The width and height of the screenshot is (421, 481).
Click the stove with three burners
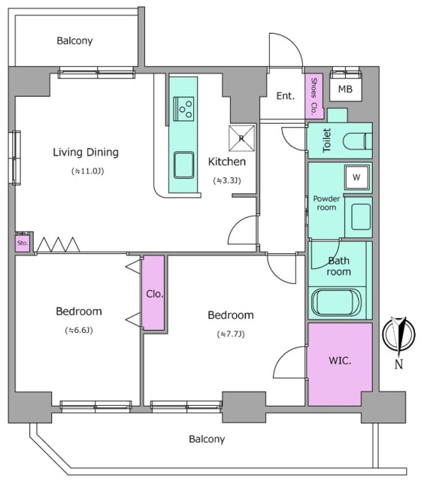183,108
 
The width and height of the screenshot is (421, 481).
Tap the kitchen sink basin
183,165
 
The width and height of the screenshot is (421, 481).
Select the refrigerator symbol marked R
242,138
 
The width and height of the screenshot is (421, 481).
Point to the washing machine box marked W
356,177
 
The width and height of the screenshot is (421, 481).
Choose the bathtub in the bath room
336,302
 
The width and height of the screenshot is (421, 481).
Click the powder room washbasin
361,217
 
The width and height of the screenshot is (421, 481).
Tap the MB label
345,89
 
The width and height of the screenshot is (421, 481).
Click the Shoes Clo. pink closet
314,96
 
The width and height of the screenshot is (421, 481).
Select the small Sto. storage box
23,244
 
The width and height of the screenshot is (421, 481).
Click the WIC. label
340,361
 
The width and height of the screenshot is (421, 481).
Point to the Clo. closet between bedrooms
153,293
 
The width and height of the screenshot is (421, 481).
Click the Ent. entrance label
286,96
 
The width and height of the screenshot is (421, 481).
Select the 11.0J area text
88,171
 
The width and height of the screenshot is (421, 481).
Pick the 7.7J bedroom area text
231,334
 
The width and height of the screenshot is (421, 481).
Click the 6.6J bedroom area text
79,331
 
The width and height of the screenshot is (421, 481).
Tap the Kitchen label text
227,162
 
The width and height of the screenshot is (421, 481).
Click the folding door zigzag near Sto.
59,244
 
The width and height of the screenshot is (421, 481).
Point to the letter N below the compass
398,364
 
